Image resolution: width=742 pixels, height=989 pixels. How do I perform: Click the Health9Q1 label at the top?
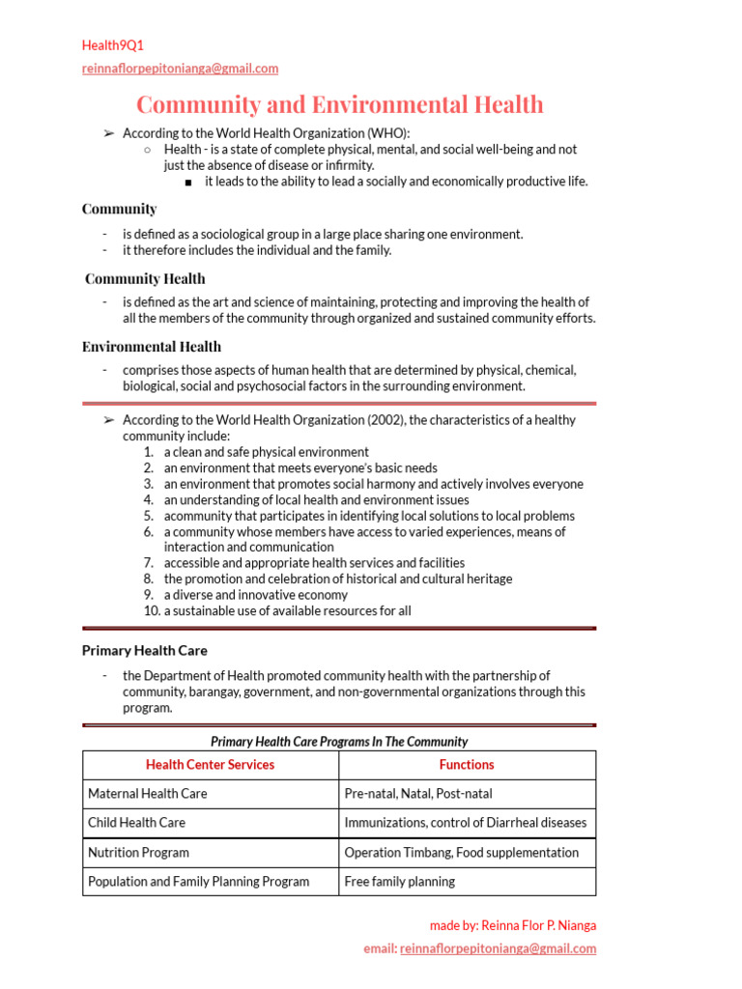coord(113,45)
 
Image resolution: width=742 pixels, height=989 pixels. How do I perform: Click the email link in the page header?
coord(180,69)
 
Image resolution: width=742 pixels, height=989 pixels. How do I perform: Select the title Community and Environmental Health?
coord(339,104)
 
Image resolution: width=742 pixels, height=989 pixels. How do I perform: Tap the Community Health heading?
coord(145,279)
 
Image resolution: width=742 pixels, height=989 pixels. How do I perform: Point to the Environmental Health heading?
coord(152,347)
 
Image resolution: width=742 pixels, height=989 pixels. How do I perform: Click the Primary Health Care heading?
coord(144,651)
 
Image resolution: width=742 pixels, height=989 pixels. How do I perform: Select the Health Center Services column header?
coord(210,765)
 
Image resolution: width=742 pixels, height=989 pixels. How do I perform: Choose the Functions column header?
coord(467,765)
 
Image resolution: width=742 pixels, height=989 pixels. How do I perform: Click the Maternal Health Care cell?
coord(148,794)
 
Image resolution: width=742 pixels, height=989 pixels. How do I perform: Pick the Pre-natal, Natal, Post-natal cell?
coord(417,794)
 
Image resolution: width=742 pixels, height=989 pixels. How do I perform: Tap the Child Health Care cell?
coord(136,823)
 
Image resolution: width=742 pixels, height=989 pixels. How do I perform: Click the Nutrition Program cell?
coord(138,853)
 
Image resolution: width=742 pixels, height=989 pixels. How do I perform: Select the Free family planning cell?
coord(399,882)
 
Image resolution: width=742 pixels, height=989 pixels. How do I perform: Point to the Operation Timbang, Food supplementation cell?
coord(461,853)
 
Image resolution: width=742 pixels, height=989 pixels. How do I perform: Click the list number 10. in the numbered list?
coord(151,610)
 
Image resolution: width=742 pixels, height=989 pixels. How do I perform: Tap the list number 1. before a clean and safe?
coord(149,452)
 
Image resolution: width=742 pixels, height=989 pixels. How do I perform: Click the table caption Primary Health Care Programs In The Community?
coord(339,742)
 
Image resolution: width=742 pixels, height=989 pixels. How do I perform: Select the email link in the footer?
coord(498,948)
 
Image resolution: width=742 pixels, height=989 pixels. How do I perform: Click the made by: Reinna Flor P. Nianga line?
coord(512,925)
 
